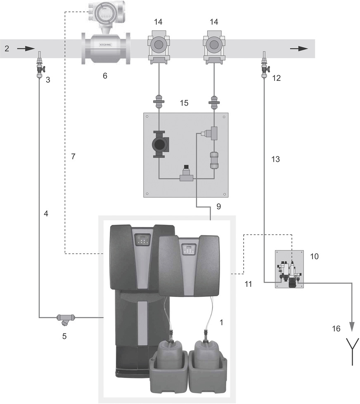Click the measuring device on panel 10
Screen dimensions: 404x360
point(289,273)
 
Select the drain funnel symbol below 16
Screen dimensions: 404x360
point(352,351)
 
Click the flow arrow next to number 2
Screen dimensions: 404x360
point(26,49)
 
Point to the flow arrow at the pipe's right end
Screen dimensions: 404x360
point(298,48)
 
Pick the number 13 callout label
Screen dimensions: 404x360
point(275,159)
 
